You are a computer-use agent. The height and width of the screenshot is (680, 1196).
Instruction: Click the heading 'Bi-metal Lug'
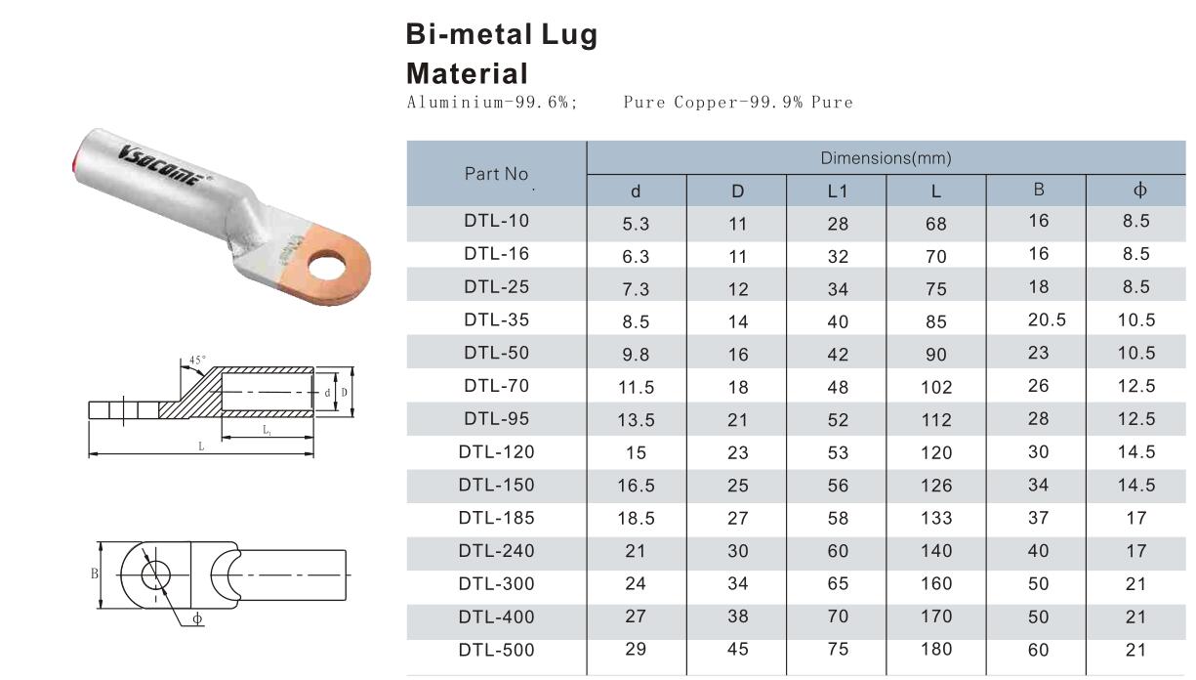tap(501, 36)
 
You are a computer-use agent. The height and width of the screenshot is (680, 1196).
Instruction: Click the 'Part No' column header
tap(497, 174)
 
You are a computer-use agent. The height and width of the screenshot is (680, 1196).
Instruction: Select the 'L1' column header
tap(837, 191)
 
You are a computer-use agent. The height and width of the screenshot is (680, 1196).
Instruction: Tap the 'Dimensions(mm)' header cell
tap(886, 158)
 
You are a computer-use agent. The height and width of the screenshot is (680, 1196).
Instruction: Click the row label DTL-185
tap(498, 518)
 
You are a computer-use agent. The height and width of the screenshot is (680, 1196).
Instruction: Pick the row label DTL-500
tap(498, 650)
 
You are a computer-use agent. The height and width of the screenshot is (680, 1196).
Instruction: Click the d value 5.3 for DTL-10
tap(636, 224)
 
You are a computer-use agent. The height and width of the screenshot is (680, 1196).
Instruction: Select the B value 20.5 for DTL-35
tap(1038, 320)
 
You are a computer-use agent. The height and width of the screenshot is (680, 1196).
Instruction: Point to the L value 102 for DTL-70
tap(935, 387)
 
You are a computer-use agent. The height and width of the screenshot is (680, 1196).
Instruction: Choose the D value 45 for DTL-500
tap(737, 651)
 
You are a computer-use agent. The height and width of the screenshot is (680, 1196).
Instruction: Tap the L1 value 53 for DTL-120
tap(837, 453)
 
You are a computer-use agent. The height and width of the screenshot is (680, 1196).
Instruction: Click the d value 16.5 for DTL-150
tap(636, 487)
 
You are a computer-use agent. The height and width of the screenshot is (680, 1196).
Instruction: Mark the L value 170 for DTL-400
tap(935, 617)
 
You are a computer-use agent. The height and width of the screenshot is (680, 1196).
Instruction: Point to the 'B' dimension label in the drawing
tap(95, 574)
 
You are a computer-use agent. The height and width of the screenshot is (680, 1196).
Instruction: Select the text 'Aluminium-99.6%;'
tap(491, 103)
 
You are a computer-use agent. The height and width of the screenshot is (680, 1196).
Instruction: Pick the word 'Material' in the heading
tap(467, 73)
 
